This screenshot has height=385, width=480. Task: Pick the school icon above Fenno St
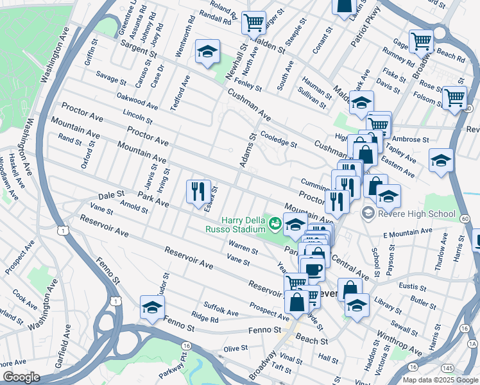pos(152,307)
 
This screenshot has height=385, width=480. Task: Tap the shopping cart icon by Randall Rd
pos(253,23)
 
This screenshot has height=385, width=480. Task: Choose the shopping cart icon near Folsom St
pos(454,98)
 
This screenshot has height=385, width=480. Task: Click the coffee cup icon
pos(313,269)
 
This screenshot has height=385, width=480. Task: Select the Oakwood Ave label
pos(137,101)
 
